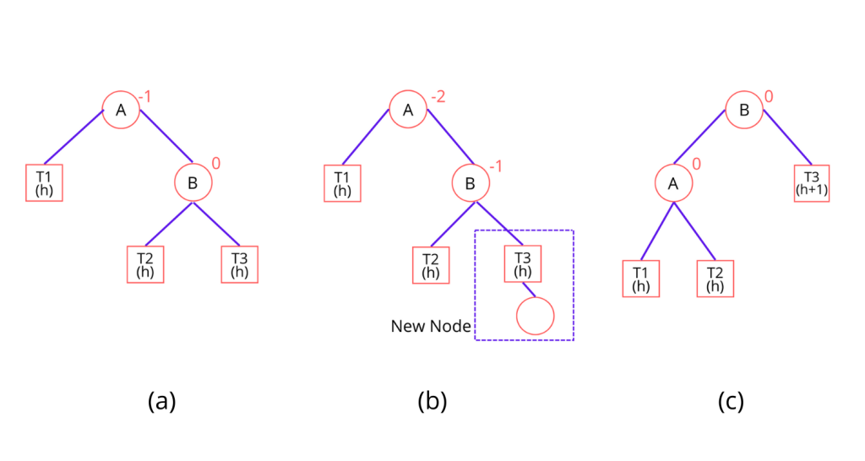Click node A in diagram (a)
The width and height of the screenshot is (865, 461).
(121, 110)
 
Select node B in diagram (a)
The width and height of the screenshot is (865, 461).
(193, 182)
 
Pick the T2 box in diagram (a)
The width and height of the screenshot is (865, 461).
(145, 264)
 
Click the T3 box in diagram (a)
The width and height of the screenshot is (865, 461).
(239, 264)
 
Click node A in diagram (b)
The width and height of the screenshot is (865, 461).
(407, 110)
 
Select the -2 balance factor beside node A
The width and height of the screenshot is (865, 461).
(438, 98)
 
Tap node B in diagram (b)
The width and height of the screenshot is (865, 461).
(471, 182)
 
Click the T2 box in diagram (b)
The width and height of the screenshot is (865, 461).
(430, 264)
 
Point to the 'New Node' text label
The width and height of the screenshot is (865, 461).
(430, 326)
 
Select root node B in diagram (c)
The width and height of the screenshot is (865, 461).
(745, 110)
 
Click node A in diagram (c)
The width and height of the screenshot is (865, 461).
(674, 182)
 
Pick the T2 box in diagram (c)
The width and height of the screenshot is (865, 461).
(715, 279)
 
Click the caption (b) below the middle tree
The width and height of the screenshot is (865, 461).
(432, 401)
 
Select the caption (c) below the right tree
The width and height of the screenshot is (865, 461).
(731, 401)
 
